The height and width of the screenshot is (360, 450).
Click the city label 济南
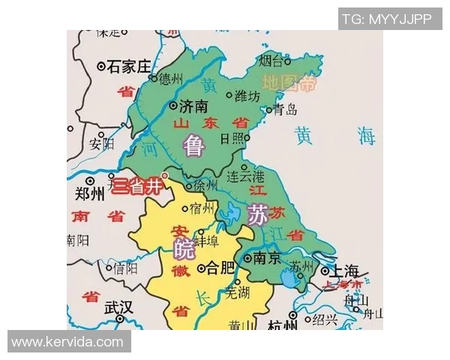pos(193,106)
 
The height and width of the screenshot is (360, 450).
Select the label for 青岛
pos(285,109)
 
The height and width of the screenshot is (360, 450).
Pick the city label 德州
pos(170,78)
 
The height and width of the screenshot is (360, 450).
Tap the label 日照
pos(232,138)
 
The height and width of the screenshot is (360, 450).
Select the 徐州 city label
pos(205,184)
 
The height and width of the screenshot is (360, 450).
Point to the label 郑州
pos(90,195)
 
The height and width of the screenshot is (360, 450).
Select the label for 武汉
pos(118,307)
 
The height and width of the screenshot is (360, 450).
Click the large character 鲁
pos(194,145)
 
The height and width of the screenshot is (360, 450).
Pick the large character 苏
pos(257,215)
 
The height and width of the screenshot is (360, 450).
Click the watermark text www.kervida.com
pos(67,342)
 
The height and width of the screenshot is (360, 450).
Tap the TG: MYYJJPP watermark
pos(386,19)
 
